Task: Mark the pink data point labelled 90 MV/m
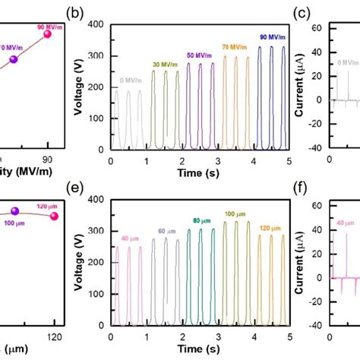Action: [48, 33]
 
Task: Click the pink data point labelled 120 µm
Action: [54, 216]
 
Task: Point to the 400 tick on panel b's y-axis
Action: [97, 25]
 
